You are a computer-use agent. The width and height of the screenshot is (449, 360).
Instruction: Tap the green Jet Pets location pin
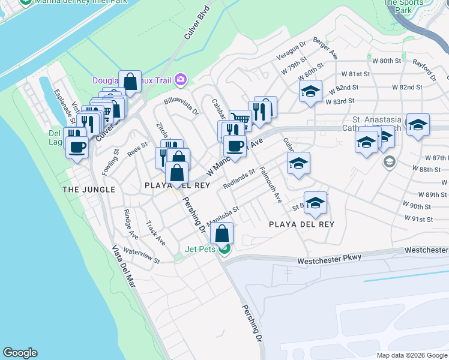click(x=224, y=248)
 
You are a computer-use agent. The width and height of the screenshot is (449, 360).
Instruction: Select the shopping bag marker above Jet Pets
click(x=221, y=233)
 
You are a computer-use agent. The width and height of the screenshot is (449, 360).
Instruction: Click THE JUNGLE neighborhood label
click(x=89, y=190)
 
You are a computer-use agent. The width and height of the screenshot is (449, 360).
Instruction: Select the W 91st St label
click(x=420, y=219)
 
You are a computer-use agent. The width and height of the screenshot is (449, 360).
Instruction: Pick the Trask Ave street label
click(x=155, y=232)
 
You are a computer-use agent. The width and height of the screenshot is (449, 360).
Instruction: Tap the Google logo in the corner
click(x=20, y=353)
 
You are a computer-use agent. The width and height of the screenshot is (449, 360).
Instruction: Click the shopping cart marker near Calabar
click(x=240, y=119)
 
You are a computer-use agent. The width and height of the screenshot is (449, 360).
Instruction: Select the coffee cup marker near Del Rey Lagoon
click(x=77, y=146)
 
